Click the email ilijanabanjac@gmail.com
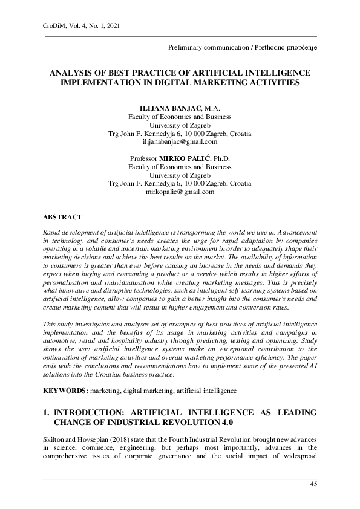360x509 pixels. coord(180,142)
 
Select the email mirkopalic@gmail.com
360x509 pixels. coord(180,192)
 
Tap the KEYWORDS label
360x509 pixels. coord(65,391)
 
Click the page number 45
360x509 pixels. coord(313,484)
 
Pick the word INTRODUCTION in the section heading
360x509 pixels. coord(93,412)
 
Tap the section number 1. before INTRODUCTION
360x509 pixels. coord(46,412)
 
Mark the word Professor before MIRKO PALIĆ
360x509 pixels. coord(143,158)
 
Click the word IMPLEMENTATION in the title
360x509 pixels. coord(99,82)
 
